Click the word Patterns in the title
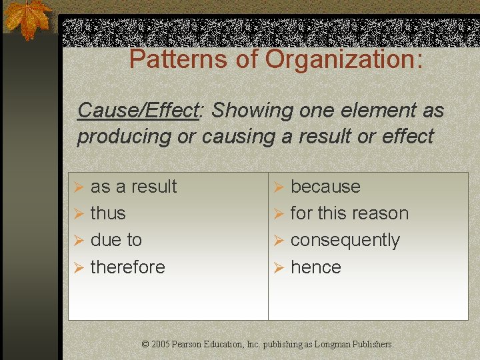pos(170,59)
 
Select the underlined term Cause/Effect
pos(138,110)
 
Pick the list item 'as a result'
pos(133,187)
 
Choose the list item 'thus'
pos(108,213)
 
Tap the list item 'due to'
pos(116,240)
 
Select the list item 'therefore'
pos(127,267)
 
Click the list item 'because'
pos(325,187)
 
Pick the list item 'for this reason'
pos(349,213)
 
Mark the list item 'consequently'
pos(345,240)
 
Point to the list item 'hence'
pos(316,267)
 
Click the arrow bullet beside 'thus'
pos(78,214)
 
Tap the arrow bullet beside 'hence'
pos(279,268)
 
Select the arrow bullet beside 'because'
pos(279,187)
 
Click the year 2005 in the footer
pos(160,345)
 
